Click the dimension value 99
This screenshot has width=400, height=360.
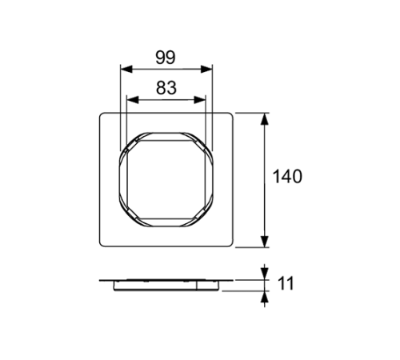[166, 58]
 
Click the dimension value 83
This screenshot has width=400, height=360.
[166, 89]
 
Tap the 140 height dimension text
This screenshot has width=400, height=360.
[287, 177]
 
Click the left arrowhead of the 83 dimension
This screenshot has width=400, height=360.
[130, 101]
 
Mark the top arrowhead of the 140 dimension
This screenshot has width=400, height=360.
[266, 117]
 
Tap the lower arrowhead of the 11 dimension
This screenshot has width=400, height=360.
[266, 294]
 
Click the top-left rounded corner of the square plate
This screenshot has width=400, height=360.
[101, 114]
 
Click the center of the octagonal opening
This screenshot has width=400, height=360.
[166, 179]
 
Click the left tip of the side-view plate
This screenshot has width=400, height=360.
[101, 281]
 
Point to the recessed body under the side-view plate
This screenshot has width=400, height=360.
[166, 286]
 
